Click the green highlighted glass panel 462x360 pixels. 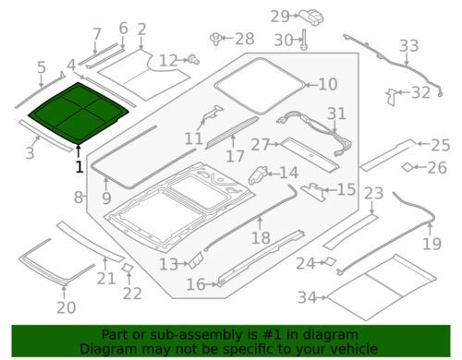[79, 113]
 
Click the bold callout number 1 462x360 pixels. [79, 167]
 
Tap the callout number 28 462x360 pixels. [245, 39]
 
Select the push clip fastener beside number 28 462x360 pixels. [215, 40]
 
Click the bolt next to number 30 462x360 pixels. [304, 40]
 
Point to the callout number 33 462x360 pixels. [409, 46]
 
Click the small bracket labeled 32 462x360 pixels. [392, 97]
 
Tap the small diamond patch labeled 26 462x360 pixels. [407, 167]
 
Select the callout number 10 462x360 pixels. [328, 84]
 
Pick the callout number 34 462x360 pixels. [307, 297]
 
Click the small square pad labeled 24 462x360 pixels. [330, 261]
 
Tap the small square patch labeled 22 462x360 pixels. [127, 268]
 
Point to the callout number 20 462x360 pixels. [66, 307]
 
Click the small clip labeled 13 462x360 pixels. [196, 260]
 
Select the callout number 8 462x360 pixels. [79, 197]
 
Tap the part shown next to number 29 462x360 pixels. [311, 17]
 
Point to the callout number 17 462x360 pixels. [235, 156]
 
